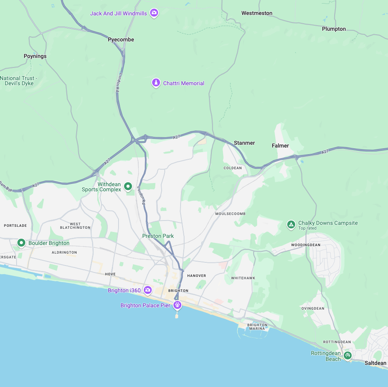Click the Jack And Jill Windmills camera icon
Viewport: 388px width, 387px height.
(154, 13)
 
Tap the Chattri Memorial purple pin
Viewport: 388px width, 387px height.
(156, 83)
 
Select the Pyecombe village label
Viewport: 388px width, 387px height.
(121, 39)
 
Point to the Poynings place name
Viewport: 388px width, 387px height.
(35, 56)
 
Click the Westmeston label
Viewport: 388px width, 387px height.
(257, 13)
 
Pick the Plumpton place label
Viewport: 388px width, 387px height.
(334, 29)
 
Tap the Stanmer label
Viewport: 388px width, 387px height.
(244, 143)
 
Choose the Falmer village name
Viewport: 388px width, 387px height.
(280, 146)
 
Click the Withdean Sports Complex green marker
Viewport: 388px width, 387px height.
(128, 186)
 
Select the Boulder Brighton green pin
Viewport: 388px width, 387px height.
(21, 243)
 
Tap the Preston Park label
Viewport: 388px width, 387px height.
(158, 236)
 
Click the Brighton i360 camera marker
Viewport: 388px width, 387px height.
(147, 290)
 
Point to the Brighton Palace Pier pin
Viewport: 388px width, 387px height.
(178, 305)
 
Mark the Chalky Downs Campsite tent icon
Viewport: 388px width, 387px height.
(291, 225)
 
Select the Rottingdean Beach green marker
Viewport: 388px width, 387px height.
(347, 355)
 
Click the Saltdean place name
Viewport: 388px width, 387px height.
(375, 363)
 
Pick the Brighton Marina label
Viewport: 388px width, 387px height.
(257, 327)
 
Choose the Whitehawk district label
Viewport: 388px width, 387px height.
(243, 278)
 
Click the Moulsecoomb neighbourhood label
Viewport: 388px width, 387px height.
(230, 214)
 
